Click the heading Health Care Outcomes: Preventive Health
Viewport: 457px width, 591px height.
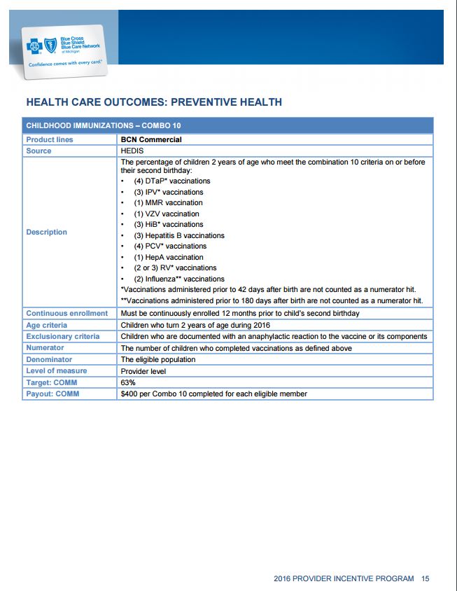click(x=153, y=102)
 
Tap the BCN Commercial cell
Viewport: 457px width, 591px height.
click(x=150, y=139)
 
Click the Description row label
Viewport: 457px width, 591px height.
click(x=46, y=232)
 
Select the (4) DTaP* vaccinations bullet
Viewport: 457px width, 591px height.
click(x=171, y=181)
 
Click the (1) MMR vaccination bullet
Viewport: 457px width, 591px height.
click(x=168, y=202)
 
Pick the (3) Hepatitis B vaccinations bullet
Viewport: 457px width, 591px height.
click(x=178, y=235)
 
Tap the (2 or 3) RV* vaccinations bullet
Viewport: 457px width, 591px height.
click(x=175, y=267)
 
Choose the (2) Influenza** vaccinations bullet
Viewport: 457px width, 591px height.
click(x=178, y=279)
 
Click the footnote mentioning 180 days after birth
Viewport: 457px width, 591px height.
click(x=272, y=300)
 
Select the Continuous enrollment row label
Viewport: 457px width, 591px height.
click(x=66, y=313)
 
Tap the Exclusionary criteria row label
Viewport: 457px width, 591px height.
click(x=62, y=336)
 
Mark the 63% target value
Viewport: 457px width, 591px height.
click(x=128, y=382)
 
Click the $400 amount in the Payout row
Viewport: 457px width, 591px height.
click(x=129, y=394)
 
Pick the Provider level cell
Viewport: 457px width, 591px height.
click(x=143, y=371)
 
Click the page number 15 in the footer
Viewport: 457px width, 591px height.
click(x=425, y=578)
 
